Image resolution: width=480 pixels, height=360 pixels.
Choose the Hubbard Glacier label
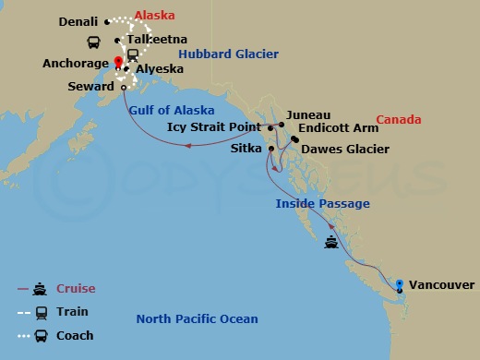click(x=228, y=54)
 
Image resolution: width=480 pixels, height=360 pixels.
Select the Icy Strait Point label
click(x=217, y=127)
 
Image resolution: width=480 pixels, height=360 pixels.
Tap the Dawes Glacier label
click(x=345, y=149)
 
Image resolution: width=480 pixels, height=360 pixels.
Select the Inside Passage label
click(x=323, y=204)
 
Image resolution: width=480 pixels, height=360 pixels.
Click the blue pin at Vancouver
click(x=399, y=283)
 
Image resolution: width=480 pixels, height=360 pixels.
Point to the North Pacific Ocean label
click(x=197, y=319)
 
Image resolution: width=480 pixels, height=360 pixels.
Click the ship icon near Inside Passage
click(x=332, y=244)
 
